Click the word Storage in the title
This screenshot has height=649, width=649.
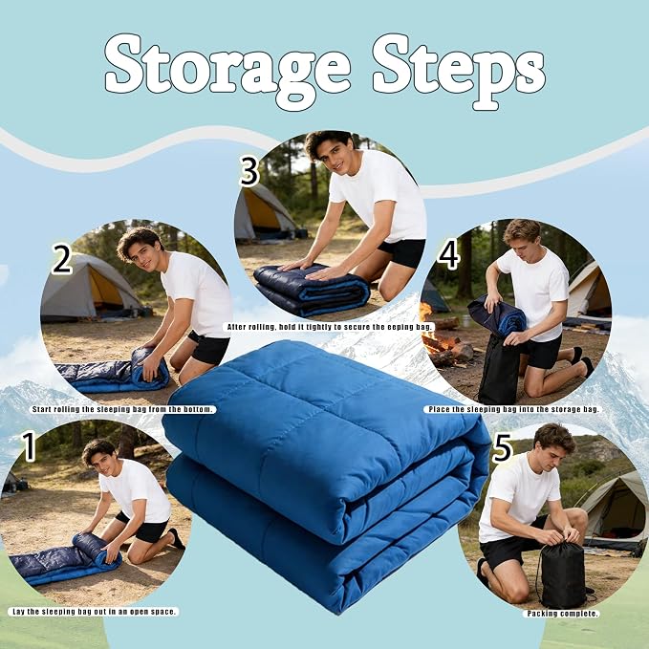(228, 68)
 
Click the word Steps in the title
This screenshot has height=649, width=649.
(458, 71)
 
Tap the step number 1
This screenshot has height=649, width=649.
(30, 446)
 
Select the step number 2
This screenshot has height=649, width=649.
(62, 258)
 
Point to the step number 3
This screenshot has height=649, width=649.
(249, 171)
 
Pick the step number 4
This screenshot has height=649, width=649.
(448, 255)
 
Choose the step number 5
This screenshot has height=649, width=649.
(502, 448)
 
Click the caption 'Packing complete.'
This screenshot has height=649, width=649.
(562, 614)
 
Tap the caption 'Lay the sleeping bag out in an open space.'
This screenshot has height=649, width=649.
(94, 612)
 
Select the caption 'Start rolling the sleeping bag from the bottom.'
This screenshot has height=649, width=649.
(123, 409)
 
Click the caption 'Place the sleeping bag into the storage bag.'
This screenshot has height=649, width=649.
(513, 409)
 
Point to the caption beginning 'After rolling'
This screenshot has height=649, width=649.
(329, 327)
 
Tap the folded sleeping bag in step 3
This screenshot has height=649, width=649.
(312, 289)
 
